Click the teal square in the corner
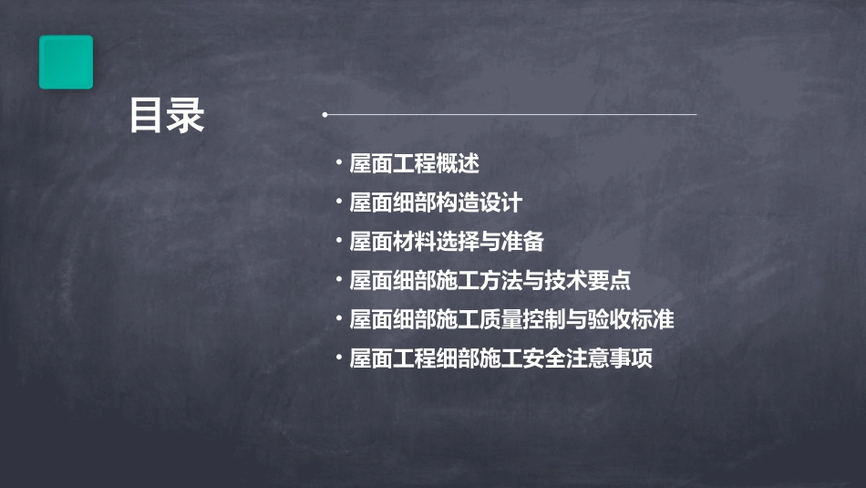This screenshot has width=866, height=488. pos(66,62)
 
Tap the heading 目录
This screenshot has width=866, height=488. pos(167,116)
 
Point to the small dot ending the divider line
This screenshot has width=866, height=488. pos(325,115)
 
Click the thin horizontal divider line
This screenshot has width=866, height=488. pos(510,115)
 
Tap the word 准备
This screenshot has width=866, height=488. pos(522,242)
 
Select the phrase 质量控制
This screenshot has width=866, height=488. pos(501,319)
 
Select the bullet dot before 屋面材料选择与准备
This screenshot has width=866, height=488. pos(338,240)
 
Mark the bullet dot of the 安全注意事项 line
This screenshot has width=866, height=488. pos(338,357)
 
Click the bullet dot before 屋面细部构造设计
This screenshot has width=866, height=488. pos(338,201)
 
